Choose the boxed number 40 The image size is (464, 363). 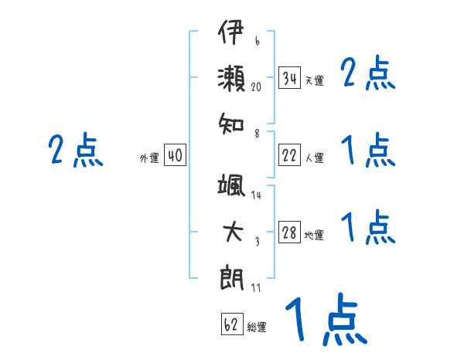(x=174, y=156)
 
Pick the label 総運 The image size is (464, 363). (x=257, y=327)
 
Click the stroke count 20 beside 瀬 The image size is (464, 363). (x=257, y=87)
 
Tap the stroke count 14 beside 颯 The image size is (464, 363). (x=256, y=195)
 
